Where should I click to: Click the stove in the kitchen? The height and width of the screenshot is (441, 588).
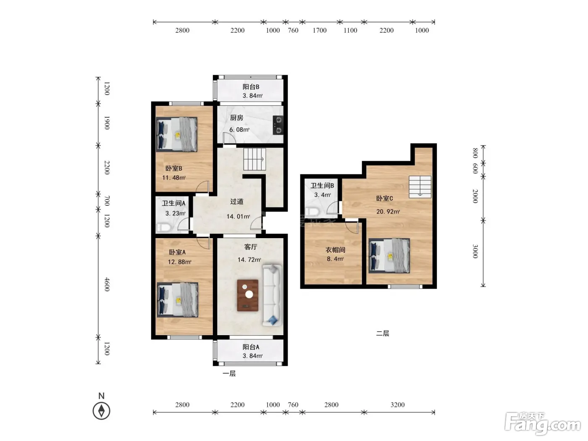coord(278,125)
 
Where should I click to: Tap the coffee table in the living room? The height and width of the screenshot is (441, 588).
coord(247,296)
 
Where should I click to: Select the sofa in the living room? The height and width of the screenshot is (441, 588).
coord(272,295)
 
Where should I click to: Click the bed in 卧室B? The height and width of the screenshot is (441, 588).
coord(177,134)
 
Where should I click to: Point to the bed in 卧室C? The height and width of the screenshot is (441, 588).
coord(389,256)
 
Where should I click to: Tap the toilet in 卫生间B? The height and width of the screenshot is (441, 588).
coord(312,212)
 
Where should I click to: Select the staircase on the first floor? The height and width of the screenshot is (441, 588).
coord(255,159)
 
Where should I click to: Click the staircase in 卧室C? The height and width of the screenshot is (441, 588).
coord(420,187)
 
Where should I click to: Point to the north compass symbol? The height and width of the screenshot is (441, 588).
coord(101,410)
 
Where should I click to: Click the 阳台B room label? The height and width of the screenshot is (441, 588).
coord(251,87)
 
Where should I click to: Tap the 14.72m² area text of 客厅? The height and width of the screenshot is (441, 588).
coord(249,260)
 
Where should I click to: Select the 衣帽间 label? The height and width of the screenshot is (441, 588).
coord(335,250)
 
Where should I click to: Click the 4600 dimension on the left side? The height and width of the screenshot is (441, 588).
coord(107,284)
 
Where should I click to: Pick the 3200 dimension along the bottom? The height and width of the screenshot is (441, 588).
coord(398,404)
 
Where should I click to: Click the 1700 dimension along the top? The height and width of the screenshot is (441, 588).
coord(320,30)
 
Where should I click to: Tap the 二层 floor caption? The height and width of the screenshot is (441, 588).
coord(383,333)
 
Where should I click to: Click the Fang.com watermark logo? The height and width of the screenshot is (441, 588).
coord(543,424)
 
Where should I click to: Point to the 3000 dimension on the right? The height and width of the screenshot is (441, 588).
coord(475,251)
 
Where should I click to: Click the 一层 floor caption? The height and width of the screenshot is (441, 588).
coord(229,373)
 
